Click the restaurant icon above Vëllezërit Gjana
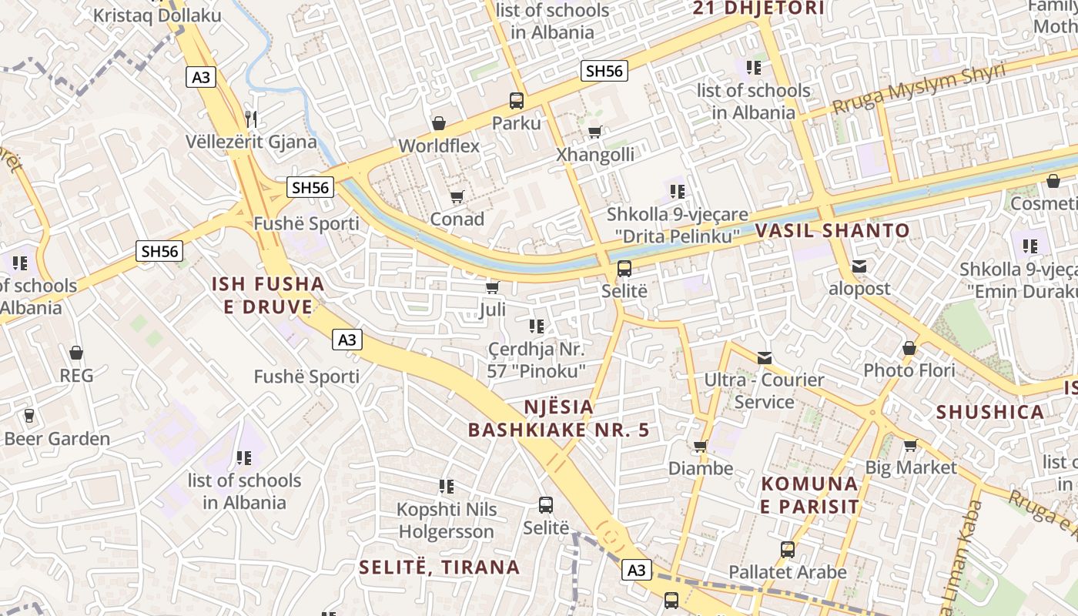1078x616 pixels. coord(250,119)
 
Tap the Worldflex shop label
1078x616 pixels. coord(439,146)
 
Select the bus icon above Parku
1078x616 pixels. coord(516,100)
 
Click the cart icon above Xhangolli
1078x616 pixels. coord(594,132)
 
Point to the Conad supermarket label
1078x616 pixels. coord(457,219)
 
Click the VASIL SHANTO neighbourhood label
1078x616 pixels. coord(832,230)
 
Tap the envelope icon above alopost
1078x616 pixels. coord(859,266)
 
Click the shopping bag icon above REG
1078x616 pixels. coord(76,353)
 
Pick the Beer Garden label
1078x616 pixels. coord(57,439)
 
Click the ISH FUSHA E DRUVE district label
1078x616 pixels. coord(268,296)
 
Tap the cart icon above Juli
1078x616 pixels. coord(492,287)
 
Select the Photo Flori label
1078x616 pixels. coord(909,370)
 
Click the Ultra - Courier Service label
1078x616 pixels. coord(764,390)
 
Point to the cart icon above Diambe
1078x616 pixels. coord(700,446)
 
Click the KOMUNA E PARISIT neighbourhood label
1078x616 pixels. coord(809,495)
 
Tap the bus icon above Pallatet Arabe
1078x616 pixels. coord(787,550)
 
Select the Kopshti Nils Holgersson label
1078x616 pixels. coord(446,521)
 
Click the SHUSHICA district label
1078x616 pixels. coord(989,412)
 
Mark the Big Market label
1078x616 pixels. coord(911,467)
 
